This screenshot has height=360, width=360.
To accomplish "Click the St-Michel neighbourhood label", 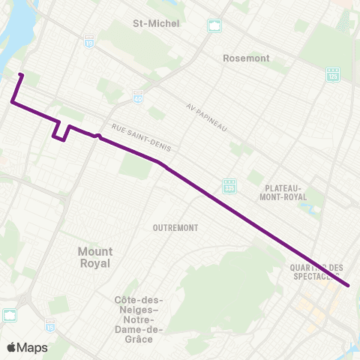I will pyautogui.click(x=156, y=23).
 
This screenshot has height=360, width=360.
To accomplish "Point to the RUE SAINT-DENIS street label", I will pyautogui.click(x=141, y=139).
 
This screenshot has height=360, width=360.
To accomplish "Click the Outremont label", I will pyautogui.click(x=174, y=227).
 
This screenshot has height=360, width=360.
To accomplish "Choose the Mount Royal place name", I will pyautogui.click(x=94, y=257).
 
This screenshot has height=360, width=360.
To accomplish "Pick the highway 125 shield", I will pyautogui.click(x=332, y=74).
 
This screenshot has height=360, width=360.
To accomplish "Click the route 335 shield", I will pyautogui.click(x=230, y=184).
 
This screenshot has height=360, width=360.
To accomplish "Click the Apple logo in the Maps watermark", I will pyautogui.click(x=11, y=347).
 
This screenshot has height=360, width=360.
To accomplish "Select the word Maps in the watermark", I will pyautogui.click(x=33, y=347).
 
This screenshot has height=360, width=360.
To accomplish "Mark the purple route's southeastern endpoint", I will pyautogui.click(x=349, y=286).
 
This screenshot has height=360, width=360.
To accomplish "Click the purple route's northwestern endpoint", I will pyautogui.click(x=20, y=75).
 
